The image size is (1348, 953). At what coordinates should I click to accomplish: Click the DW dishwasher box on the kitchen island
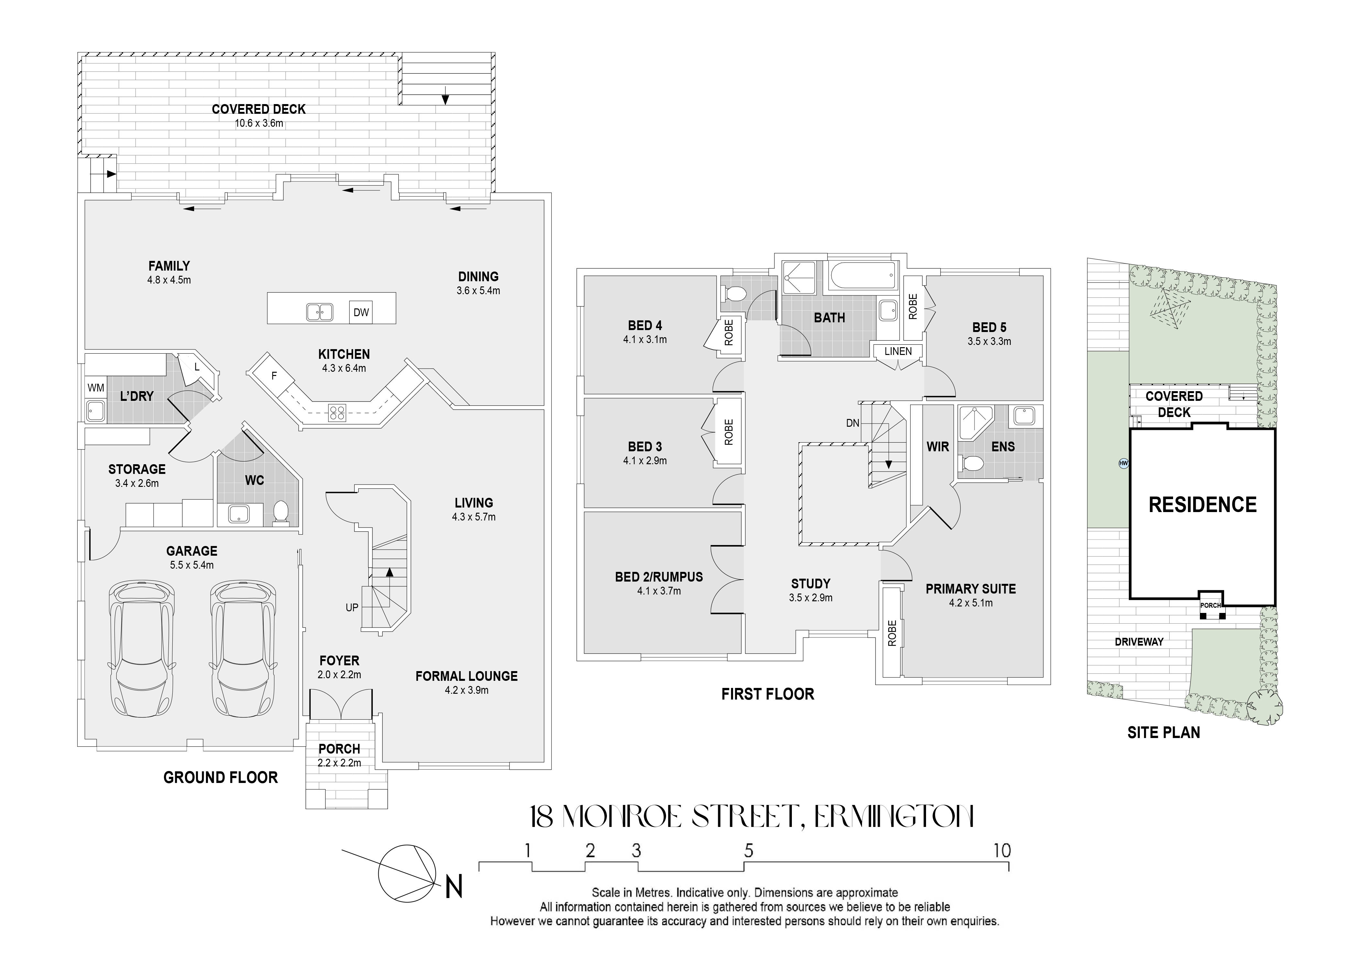pos(361,312)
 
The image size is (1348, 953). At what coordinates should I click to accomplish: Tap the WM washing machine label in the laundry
pos(96,388)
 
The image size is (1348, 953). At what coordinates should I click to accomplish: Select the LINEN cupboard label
pos(898,351)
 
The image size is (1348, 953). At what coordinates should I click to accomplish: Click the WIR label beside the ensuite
pos(938,446)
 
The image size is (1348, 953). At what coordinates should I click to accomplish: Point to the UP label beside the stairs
pos(352,607)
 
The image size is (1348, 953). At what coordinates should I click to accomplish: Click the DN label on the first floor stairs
pos(852,423)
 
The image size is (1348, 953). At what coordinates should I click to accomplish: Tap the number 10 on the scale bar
pos(1002,850)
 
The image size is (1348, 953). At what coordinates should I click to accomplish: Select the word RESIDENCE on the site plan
pos(1202,505)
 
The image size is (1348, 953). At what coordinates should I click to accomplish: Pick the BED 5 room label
pos(989,327)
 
